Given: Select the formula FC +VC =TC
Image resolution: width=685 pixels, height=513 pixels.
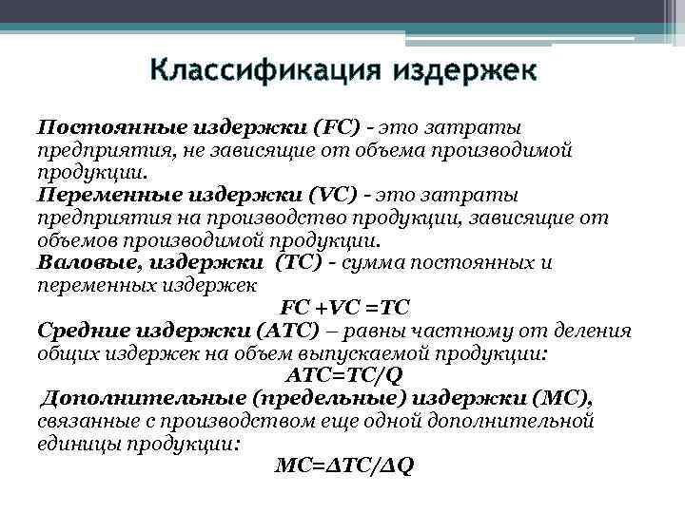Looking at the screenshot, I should coord(344,307).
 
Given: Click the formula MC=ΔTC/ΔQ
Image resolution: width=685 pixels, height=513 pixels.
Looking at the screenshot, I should coord(343,465).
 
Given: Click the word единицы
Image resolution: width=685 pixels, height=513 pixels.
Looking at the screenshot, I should coord(79,443).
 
